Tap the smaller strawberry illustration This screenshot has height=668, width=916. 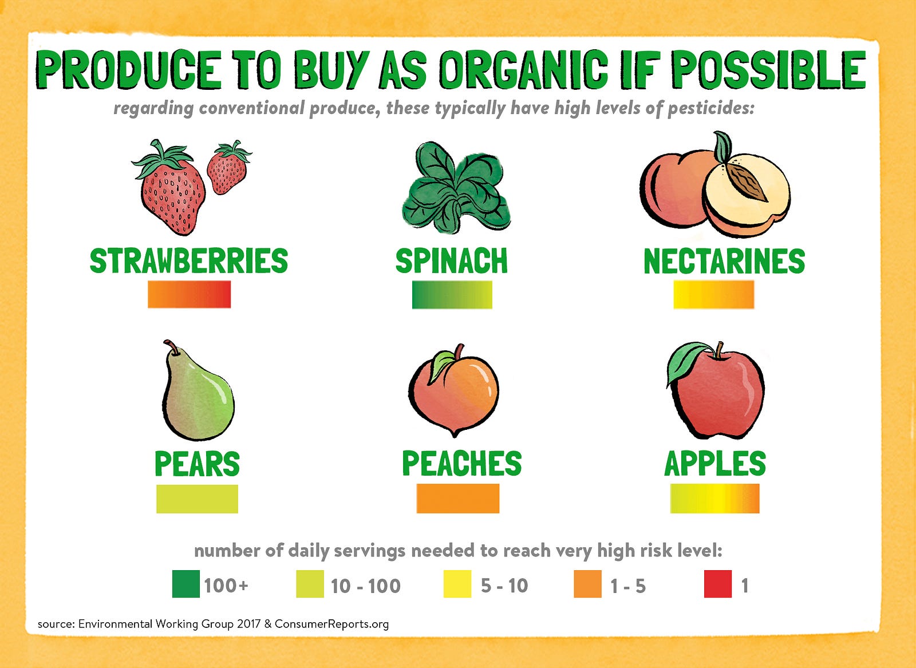[x=228, y=168]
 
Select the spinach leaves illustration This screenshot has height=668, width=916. [x=455, y=188]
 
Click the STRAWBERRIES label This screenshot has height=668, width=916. [x=189, y=260]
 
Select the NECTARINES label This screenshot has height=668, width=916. [x=724, y=260]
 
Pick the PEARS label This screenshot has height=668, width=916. [x=197, y=463]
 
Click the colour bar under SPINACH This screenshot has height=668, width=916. [x=452, y=294]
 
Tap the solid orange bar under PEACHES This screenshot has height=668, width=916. [x=458, y=499]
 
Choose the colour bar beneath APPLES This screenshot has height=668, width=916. [x=715, y=499]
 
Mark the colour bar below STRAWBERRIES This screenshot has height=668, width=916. [x=189, y=294]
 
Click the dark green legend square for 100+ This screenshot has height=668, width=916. [x=186, y=584]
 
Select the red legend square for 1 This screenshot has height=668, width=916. [x=718, y=584]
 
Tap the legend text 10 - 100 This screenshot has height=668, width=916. [x=366, y=586]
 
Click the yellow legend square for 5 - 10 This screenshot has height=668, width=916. [x=457, y=584]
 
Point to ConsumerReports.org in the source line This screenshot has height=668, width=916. [x=331, y=624]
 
